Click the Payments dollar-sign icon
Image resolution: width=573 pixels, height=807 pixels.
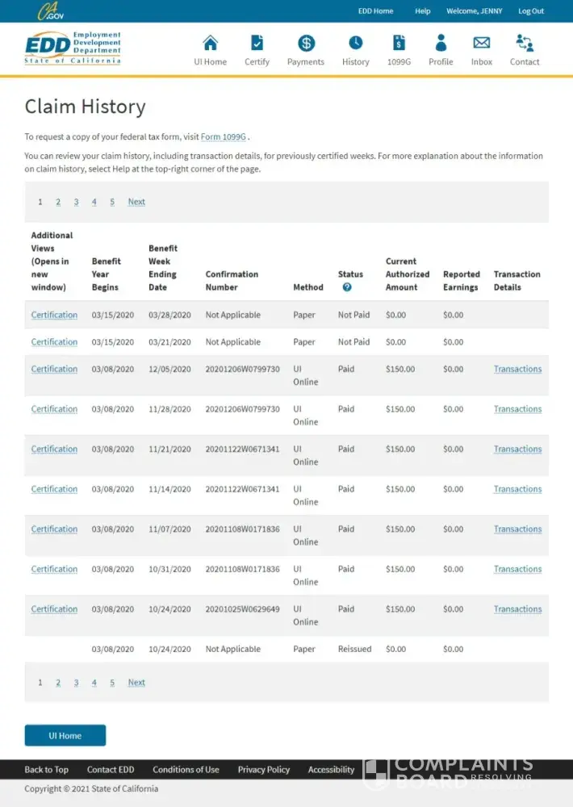coord(306,44)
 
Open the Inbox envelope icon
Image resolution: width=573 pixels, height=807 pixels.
coord(482,44)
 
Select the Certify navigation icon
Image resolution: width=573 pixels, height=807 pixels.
coord(257,44)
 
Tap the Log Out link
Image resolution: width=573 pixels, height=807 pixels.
coord(531,11)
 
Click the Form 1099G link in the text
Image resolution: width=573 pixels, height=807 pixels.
coord(223,137)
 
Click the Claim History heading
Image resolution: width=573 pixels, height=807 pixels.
coord(85,107)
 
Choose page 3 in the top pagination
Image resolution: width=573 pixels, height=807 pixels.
coord(76,202)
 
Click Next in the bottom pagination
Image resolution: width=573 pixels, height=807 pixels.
coord(136,683)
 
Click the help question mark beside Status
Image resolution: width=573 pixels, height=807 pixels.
coord(347,287)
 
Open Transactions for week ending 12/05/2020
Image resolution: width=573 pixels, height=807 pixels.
coord(517,369)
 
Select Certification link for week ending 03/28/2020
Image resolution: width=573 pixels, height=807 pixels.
coord(54,315)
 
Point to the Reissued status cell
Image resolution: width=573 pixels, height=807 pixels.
coord(354,649)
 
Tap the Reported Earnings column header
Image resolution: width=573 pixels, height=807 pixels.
coord(461,281)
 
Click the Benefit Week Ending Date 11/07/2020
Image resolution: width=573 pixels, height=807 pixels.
coord(169,529)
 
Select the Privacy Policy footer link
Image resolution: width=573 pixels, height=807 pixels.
coord(263,770)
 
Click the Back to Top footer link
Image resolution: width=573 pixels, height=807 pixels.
coord(46,770)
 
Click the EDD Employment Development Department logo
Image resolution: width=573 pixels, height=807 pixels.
coord(73,48)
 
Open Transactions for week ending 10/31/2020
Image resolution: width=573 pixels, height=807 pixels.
coord(517,569)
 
